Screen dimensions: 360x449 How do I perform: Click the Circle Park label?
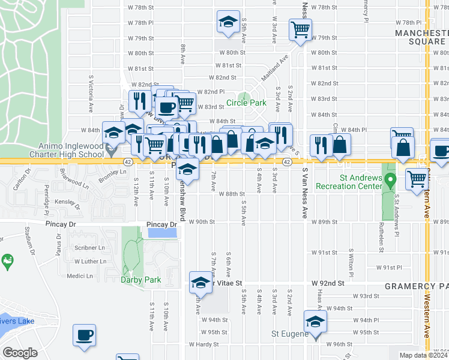(246, 103)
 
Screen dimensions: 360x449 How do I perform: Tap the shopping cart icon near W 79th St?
(300, 29)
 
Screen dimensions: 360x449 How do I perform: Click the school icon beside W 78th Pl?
(227, 23)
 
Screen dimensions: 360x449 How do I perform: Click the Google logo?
(20, 353)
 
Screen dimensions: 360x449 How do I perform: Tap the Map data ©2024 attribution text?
(423, 355)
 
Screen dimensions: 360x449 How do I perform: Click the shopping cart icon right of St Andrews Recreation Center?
(416, 178)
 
